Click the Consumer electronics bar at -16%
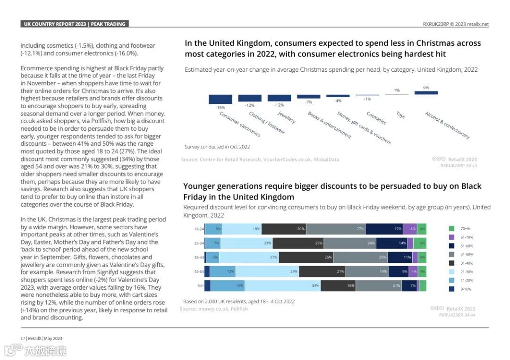(221, 99)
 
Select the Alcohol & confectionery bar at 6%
(426, 92)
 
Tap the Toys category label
(400, 115)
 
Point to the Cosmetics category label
(376, 118)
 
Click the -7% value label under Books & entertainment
(308, 102)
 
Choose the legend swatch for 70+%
(451, 228)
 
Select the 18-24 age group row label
(199, 229)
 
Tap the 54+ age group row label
(200, 285)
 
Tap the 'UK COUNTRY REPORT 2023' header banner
(74, 24)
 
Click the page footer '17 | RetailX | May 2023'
(42, 338)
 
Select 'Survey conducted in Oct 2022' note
(217, 147)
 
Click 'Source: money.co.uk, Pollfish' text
(213, 309)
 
